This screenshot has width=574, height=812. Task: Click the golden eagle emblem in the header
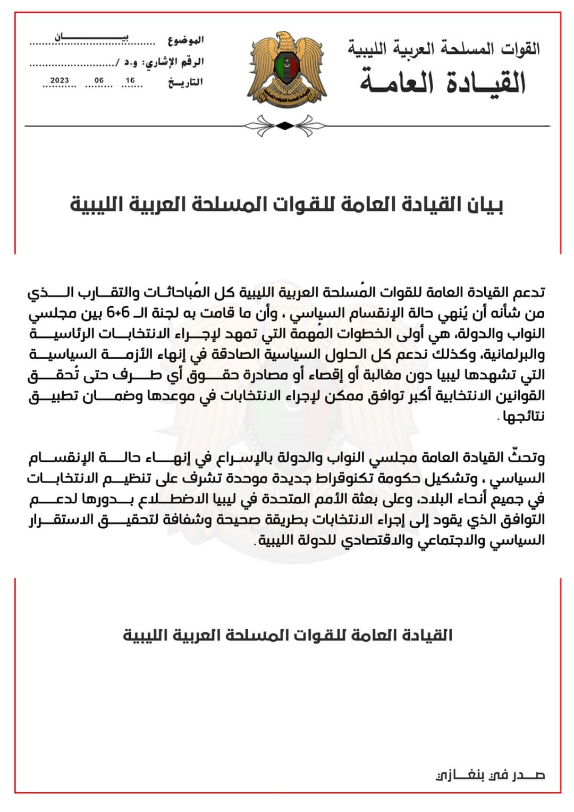click(285, 69)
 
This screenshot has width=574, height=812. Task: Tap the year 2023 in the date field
click(60, 81)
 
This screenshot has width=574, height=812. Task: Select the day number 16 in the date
click(130, 81)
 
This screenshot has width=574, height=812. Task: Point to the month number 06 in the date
click(99, 81)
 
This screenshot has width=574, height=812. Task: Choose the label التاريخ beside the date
click(185, 82)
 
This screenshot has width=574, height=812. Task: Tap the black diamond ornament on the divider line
click(285, 126)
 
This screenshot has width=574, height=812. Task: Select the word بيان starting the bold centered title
click(484, 205)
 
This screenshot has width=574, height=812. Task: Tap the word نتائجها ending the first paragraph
click(525, 416)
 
